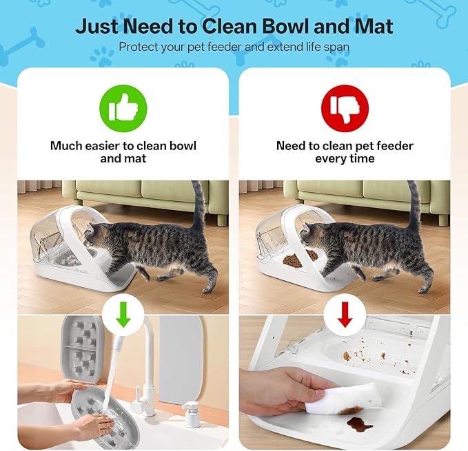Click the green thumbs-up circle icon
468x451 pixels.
(x=123, y=109)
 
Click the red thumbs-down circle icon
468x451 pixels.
(x=345, y=109)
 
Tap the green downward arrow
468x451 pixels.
(x=123, y=315)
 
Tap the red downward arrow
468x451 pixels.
(x=345, y=315)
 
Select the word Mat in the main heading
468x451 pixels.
(x=374, y=26)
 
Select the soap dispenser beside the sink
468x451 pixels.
(x=190, y=414)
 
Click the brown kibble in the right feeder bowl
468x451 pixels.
(x=299, y=260)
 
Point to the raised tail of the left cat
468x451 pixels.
(x=198, y=205)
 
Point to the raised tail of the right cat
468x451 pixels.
(x=414, y=205)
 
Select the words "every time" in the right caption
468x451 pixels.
(x=345, y=158)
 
